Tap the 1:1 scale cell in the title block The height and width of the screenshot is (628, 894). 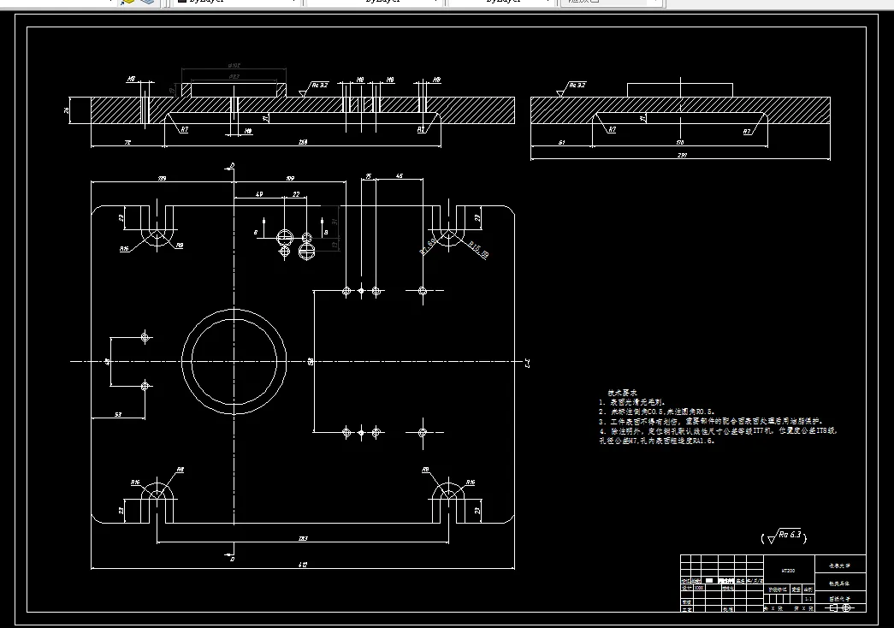808,599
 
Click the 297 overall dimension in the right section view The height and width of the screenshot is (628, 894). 681,155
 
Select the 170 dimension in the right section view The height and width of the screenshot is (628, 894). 680,142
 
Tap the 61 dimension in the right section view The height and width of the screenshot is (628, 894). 561,142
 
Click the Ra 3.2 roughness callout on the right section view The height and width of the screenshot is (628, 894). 575,86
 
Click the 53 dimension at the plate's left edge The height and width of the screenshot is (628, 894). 117,414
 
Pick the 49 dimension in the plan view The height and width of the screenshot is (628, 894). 259,195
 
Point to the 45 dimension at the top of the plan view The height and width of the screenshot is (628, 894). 400,176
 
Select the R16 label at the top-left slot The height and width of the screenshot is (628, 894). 125,249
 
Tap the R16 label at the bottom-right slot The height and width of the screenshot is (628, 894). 469,483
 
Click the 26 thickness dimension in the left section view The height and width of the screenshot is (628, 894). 68,111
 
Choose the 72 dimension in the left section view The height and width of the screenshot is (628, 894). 127,142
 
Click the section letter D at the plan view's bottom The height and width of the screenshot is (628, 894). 231,556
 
